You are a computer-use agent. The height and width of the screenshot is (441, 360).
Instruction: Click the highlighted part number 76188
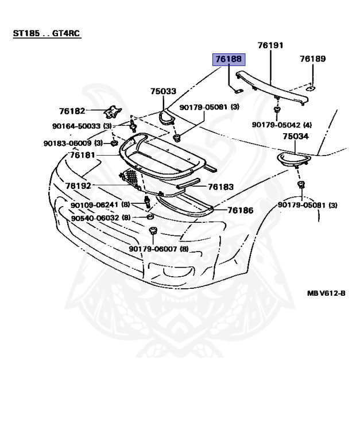229,59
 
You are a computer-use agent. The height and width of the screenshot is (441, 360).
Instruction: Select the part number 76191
270,45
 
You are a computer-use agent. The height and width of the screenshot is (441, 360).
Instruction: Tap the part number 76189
312,59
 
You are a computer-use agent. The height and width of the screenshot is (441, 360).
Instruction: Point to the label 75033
163,91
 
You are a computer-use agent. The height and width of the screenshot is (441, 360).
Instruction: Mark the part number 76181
84,155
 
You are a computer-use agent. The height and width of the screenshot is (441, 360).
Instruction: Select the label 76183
221,187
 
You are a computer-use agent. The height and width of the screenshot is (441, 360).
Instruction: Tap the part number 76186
240,210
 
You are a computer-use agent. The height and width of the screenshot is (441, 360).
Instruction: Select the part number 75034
296,136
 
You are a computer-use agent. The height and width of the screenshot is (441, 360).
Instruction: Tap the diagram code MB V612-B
326,292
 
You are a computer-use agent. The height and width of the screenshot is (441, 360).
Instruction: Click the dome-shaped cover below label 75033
168,118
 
